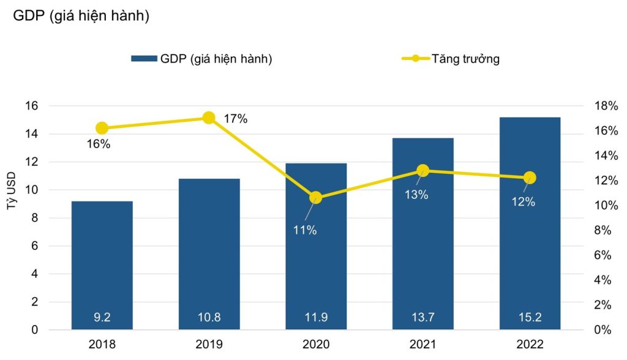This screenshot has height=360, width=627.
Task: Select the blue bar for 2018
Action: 102,263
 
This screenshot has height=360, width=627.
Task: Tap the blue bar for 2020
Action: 316,245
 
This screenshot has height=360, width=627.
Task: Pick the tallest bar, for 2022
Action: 530,220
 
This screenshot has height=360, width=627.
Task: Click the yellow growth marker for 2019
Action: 209,118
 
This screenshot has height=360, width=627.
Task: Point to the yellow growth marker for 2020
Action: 316,197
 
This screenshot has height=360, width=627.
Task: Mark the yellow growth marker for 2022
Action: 530,178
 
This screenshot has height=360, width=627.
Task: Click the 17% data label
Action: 235,119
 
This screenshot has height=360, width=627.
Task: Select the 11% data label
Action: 304,230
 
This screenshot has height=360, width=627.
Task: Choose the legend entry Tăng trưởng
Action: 465,59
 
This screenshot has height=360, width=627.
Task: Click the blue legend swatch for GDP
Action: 144,59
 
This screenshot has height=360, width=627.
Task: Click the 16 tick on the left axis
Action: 31,106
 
